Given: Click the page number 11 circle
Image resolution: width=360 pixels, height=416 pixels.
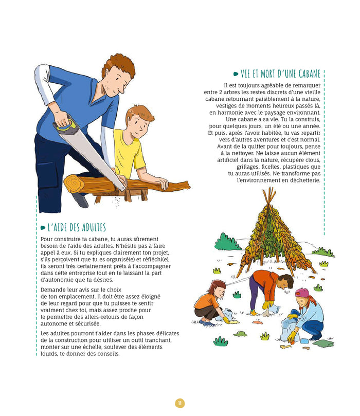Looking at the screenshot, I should tap(179, 403).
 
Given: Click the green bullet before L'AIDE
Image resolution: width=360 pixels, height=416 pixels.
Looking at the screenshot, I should tap(43, 228).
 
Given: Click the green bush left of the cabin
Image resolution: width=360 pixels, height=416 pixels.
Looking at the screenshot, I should tap(227, 242).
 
